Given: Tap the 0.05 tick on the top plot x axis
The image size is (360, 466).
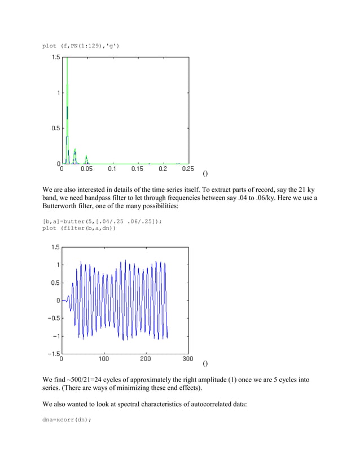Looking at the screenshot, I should coord(87,168).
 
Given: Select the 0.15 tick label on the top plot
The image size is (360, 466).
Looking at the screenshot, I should coord(137,168).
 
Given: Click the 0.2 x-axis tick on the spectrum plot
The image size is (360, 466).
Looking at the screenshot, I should coord(163,168).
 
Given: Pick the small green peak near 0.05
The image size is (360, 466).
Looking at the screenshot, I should coord(86,157).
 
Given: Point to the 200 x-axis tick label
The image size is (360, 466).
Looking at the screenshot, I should coord(146,358).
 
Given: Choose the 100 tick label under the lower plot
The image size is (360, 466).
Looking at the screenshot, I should coord(104,358).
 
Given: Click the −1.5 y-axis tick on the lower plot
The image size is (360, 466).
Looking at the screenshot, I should coord(51,354).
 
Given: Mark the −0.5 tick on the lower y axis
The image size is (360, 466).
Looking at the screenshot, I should coord(51,318).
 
